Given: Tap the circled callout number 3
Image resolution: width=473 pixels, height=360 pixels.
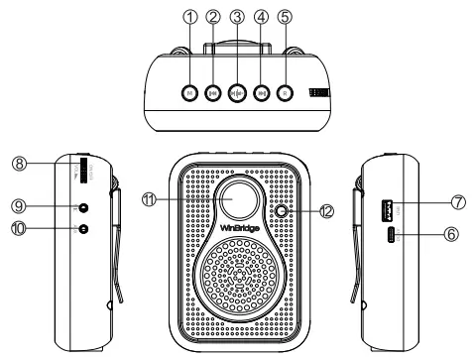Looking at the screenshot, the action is [x=236, y=17].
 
